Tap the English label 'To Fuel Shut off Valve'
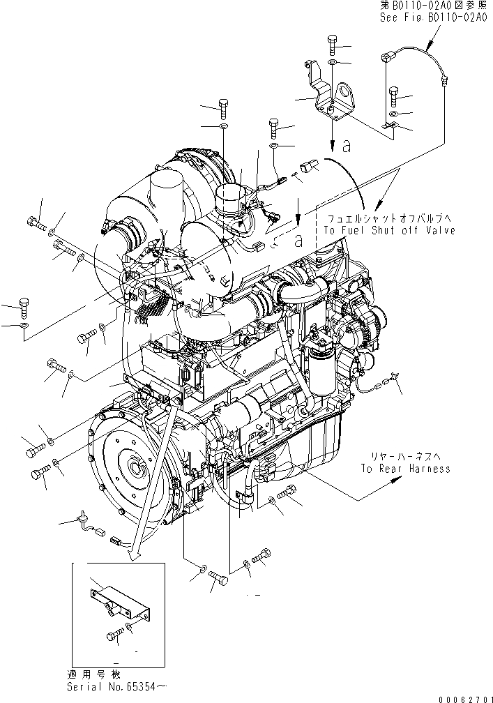coord(388,230)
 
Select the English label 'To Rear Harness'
coord(405,469)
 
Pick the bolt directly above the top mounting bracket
coord(332,47)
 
